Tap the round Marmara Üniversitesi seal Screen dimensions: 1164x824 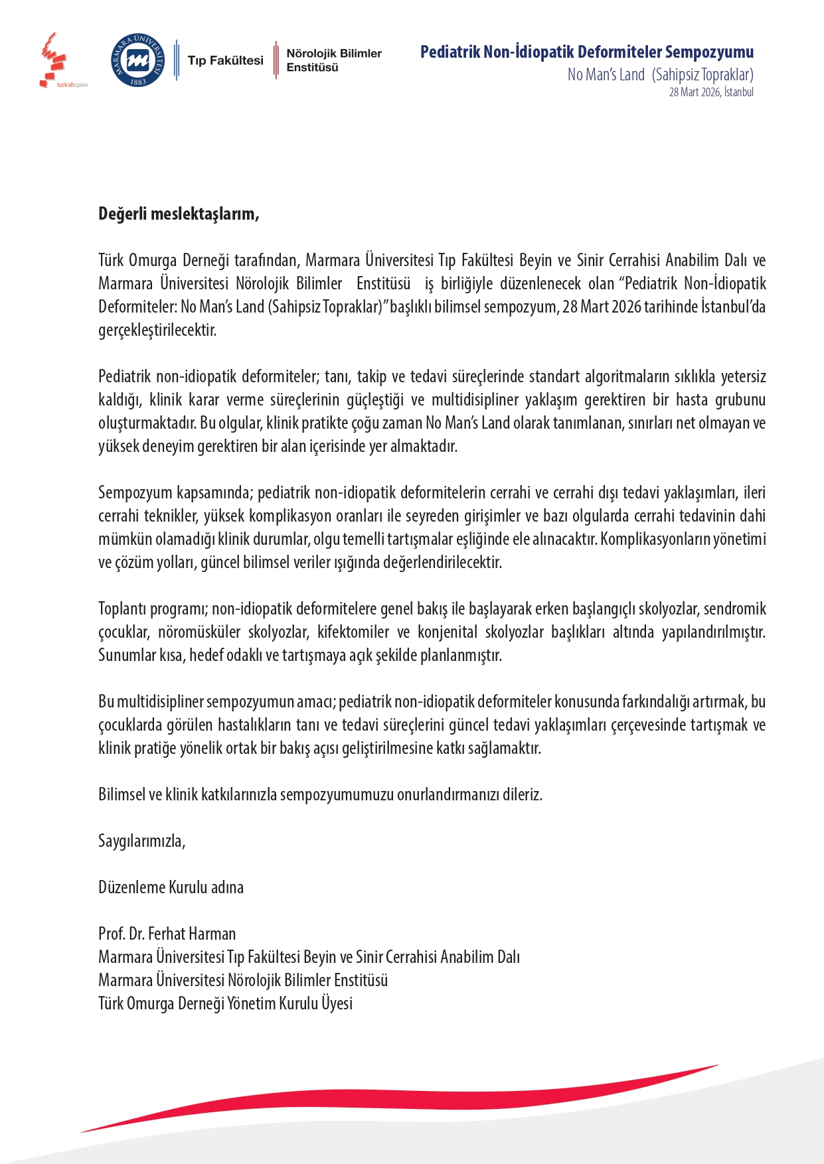click(138, 60)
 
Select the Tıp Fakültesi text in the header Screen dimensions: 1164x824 click(225, 60)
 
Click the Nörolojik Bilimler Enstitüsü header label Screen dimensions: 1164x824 click(333, 60)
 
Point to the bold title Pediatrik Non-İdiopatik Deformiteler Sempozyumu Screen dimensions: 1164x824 click(586, 52)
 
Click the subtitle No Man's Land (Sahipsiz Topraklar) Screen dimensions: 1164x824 click(660, 74)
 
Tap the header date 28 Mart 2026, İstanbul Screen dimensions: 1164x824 click(710, 92)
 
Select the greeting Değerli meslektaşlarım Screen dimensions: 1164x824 click(179, 214)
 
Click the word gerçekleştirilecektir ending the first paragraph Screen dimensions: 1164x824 click(157, 330)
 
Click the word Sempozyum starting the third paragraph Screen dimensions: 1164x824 click(135, 492)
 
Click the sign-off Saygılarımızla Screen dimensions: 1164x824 click(141, 841)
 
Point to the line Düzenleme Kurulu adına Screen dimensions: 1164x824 click(171, 887)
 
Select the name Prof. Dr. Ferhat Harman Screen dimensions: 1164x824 click(167, 934)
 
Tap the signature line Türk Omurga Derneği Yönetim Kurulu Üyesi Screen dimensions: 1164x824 click(225, 1003)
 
